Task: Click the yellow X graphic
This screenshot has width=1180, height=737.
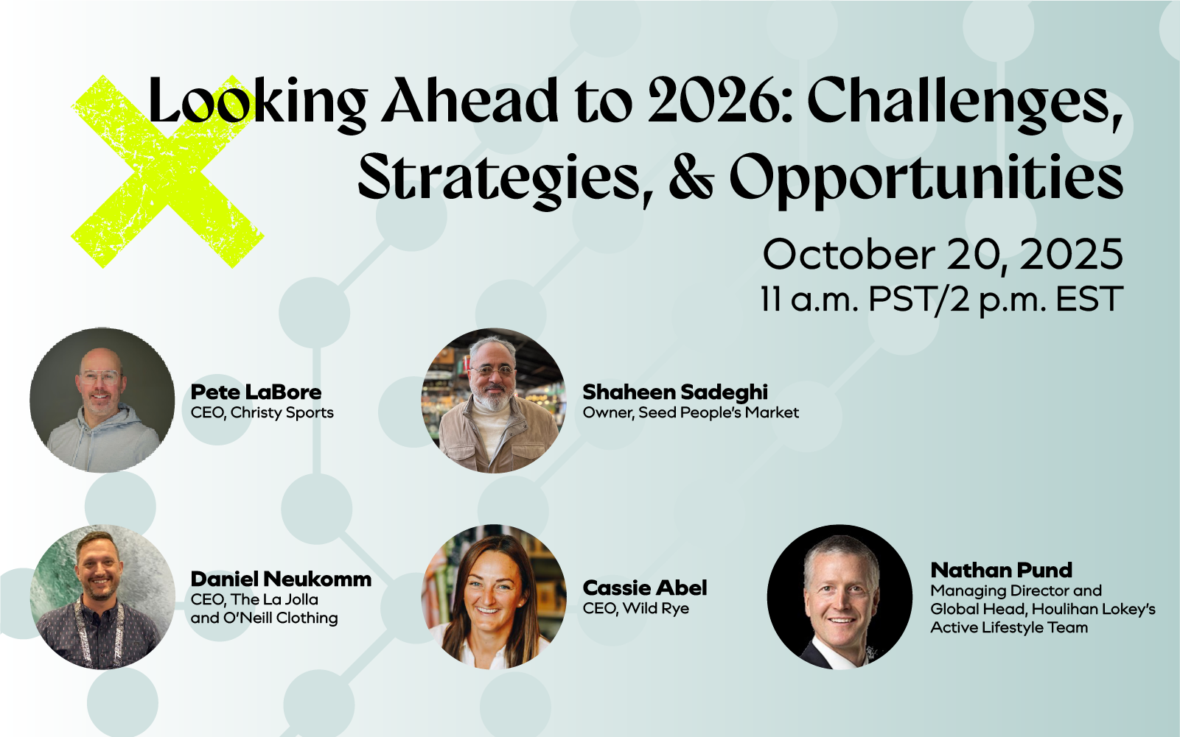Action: point(167,172)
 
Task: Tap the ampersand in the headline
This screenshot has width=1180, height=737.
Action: point(691,177)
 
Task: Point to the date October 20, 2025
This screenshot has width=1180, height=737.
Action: point(943,255)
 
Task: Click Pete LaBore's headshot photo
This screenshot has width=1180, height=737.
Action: point(102,400)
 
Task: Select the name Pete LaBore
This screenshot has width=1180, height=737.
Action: point(256,392)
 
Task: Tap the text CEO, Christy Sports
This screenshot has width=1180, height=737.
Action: point(262,412)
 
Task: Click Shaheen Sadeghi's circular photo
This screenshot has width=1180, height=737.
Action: point(494,401)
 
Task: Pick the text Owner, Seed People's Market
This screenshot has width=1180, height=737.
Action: point(691,412)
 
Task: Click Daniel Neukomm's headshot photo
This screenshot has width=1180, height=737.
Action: point(102,596)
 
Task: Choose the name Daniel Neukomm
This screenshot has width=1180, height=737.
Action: point(281,579)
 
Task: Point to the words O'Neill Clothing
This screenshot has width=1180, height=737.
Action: point(280,618)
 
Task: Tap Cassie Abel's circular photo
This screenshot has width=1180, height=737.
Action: point(494,596)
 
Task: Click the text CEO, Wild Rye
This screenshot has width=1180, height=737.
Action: point(636,609)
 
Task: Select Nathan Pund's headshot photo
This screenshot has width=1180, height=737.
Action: point(839,596)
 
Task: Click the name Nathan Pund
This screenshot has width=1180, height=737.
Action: point(1002,570)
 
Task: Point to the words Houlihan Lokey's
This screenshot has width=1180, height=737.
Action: point(1093,609)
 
